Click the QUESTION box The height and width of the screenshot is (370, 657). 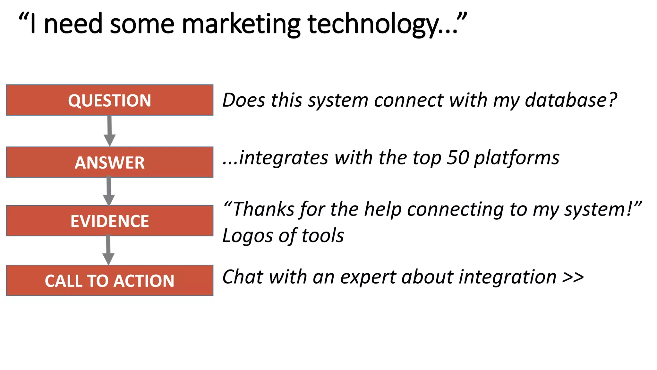click(x=110, y=100)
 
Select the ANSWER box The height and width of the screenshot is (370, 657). click(x=110, y=162)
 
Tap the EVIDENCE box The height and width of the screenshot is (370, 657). click(x=110, y=221)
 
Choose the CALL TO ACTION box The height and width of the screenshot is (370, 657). click(x=110, y=280)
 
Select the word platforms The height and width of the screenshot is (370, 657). click(x=517, y=158)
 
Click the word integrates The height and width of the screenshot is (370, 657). click(x=284, y=158)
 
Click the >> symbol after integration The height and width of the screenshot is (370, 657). click(x=573, y=277)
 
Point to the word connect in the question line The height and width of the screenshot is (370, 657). click(x=409, y=100)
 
